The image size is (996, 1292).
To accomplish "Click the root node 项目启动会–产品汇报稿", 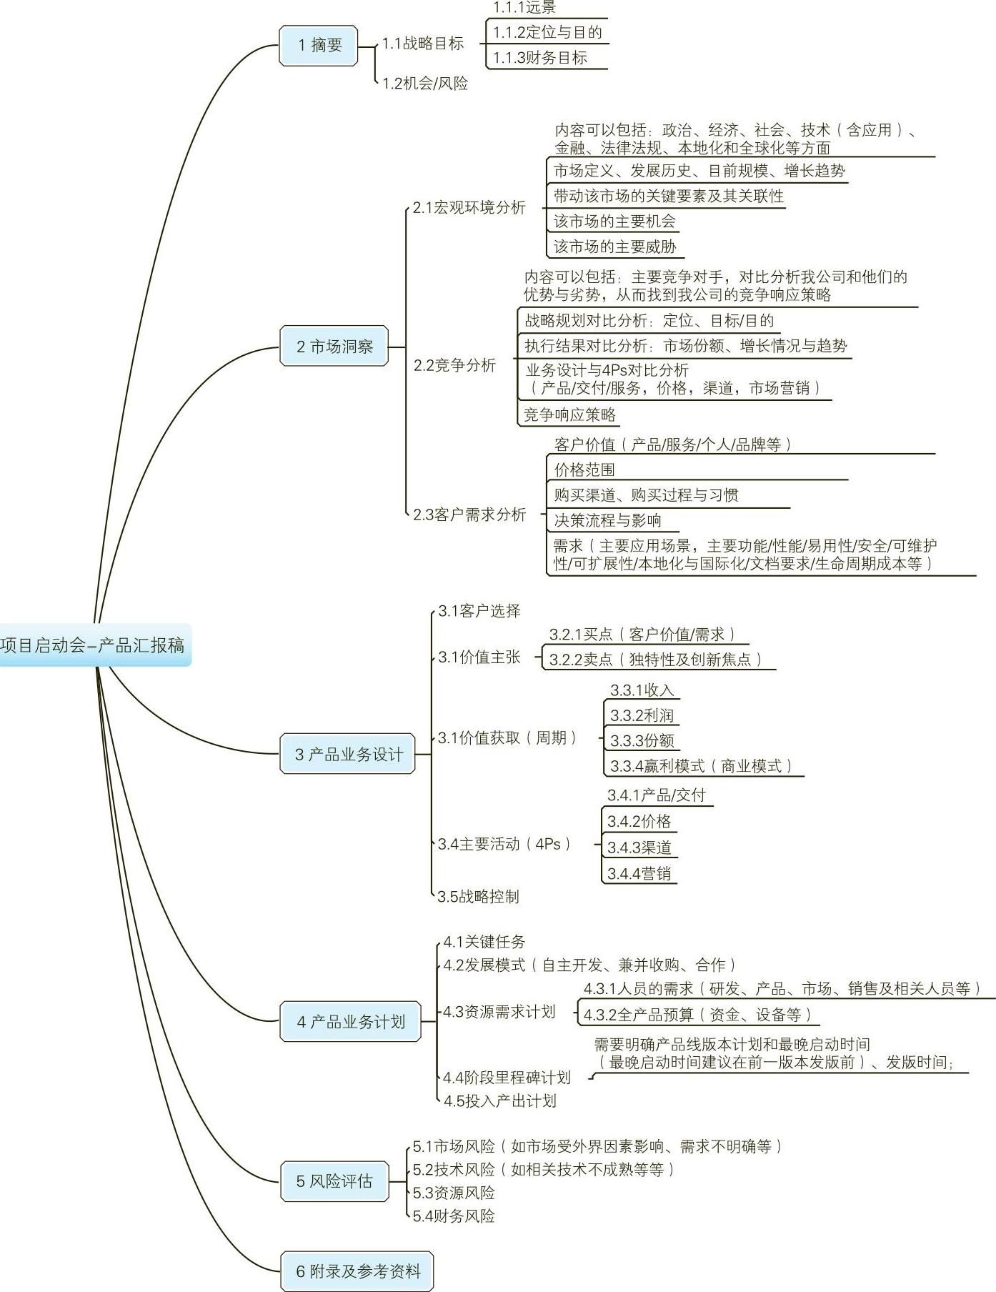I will point(93,645).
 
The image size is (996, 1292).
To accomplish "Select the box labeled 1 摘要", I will point(319,46).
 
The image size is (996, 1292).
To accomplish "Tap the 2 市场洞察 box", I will point(334,347).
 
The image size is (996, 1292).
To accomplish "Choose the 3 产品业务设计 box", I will point(348,754).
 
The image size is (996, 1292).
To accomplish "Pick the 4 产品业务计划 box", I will point(350,1022).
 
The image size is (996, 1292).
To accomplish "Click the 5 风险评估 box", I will point(334,1181).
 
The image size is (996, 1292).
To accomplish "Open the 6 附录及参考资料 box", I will point(357,1271).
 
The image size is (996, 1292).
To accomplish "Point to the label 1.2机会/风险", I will point(425,84).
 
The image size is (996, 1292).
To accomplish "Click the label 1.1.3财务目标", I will point(540,58).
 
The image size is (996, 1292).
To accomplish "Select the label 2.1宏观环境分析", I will point(469,208).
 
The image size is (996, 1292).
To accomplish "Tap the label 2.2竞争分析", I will point(454,366).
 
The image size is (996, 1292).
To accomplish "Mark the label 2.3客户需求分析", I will point(469,515).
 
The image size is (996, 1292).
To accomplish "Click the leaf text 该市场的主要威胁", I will point(614,247).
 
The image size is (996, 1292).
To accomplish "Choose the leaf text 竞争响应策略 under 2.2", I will point(569,414).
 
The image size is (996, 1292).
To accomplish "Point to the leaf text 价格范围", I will point(584,469).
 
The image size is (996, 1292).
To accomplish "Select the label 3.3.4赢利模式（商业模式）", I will point(701,766).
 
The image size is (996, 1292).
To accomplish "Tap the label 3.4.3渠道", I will point(639,848).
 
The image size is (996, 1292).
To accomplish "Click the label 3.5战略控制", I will point(478,896).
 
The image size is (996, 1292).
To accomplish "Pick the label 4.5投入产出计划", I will point(499,1101).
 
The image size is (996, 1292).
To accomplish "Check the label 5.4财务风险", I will point(454,1216).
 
